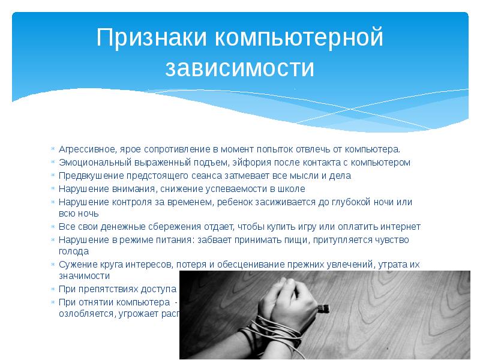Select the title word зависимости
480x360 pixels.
click(240, 67)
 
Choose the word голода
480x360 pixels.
click(71, 251)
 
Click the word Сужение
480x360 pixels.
click(75, 264)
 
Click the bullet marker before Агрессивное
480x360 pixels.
click(53, 148)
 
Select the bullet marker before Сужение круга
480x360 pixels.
click(53, 265)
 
